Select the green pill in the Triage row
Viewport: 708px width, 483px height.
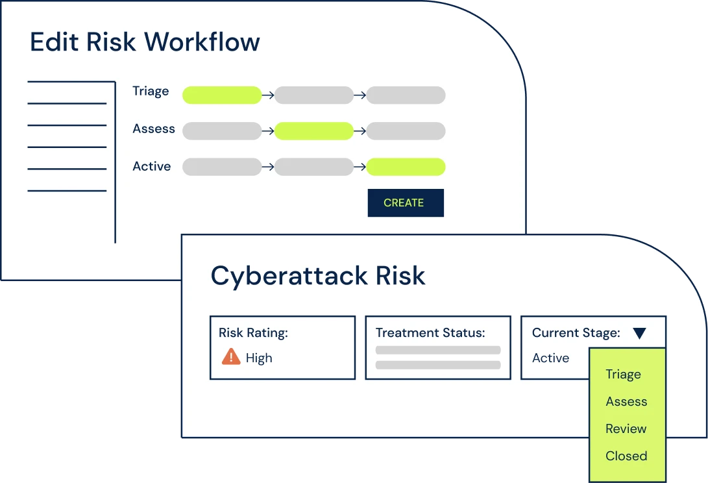[222, 95]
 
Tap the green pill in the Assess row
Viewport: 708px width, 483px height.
[314, 131]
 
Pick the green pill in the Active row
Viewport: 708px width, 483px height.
[406, 167]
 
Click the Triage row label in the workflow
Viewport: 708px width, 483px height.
[151, 92]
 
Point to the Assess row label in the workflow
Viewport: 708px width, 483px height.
[154, 129]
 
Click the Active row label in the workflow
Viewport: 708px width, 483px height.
[152, 166]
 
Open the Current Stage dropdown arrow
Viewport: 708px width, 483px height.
[639, 334]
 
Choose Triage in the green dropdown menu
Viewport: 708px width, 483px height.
[623, 375]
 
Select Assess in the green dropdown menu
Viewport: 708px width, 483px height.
[626, 402]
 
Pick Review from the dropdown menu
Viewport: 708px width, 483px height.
[626, 429]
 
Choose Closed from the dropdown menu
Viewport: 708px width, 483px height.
[626, 456]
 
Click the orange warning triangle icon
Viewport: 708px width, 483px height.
[231, 356]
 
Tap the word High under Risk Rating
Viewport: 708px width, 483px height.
[259, 358]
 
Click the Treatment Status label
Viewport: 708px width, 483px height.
[430, 333]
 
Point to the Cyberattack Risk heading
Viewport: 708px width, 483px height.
[318, 276]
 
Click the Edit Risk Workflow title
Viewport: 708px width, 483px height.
[145, 42]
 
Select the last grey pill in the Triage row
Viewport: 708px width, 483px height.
[406, 95]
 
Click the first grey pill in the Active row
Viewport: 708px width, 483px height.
[222, 167]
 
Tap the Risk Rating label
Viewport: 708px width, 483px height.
[253, 333]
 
